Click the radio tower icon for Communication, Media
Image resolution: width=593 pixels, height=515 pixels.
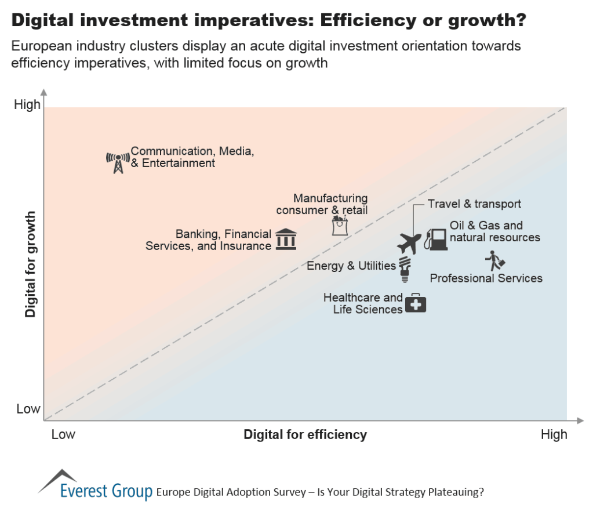[x=118, y=162]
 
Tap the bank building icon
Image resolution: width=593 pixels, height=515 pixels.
[x=286, y=239]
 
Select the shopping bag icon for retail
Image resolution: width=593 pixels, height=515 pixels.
[x=340, y=225]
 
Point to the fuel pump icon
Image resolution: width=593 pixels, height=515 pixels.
[x=436, y=238]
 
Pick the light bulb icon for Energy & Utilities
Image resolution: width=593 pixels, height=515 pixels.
[x=406, y=269]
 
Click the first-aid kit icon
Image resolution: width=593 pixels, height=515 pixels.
[x=415, y=303]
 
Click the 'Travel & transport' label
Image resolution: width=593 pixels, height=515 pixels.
[x=474, y=204]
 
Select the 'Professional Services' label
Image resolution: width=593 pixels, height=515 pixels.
[x=486, y=278]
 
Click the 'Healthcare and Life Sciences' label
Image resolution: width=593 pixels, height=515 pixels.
[x=363, y=303]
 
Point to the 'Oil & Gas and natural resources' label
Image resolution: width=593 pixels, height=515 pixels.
[x=494, y=231]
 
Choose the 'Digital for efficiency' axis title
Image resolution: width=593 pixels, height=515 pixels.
[x=305, y=434]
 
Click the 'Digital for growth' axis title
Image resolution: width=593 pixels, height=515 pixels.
[x=31, y=264]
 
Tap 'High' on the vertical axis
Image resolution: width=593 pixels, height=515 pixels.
[x=27, y=105]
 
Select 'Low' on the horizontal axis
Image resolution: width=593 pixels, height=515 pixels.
[x=63, y=434]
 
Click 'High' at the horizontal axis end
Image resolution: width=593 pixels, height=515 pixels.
[x=554, y=434]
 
